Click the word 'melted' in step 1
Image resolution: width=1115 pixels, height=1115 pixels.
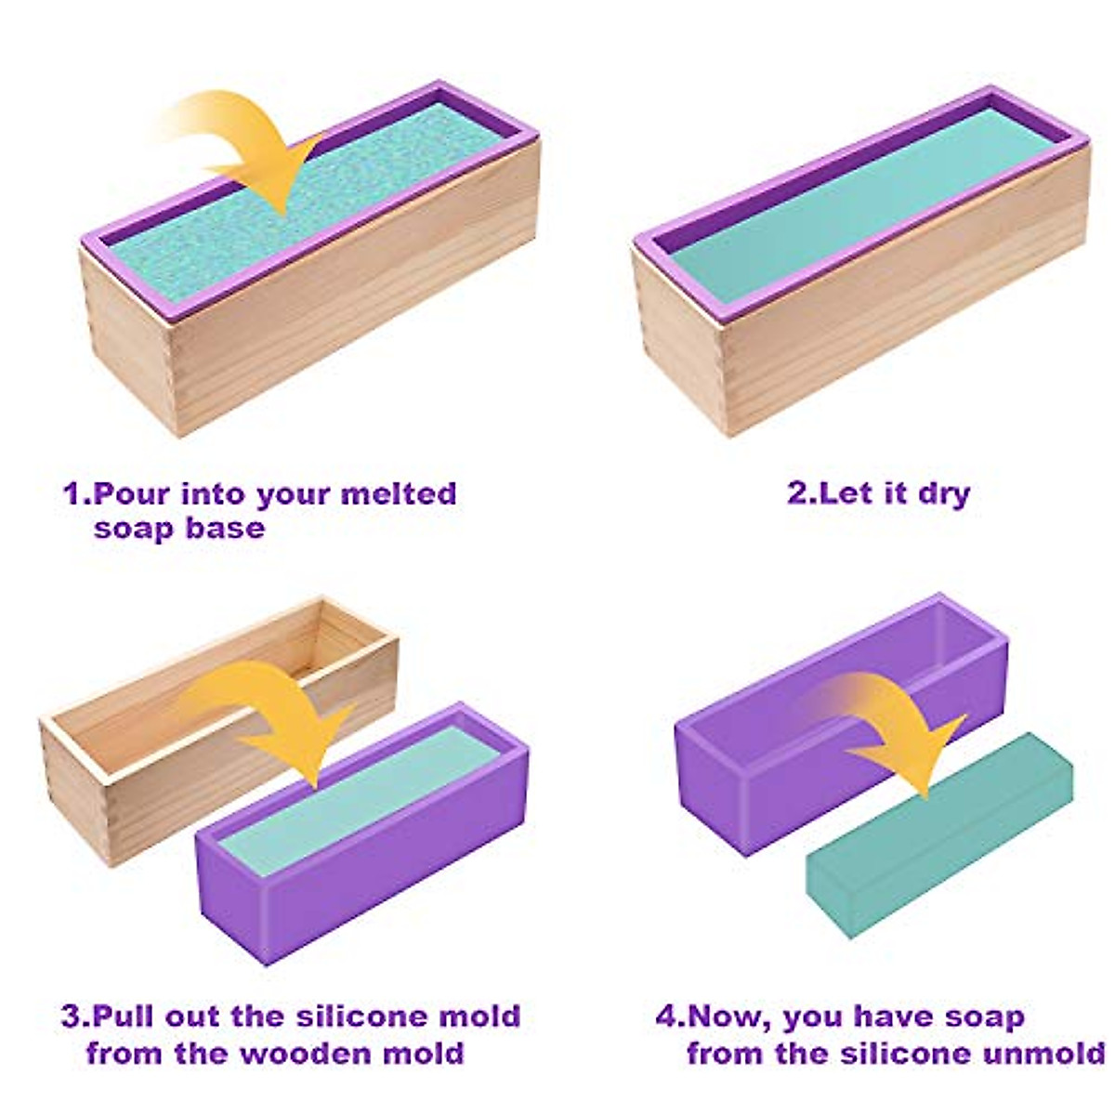point(399,493)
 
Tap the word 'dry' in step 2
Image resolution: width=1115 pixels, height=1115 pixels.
point(943,493)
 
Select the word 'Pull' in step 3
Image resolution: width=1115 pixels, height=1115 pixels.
point(125,1016)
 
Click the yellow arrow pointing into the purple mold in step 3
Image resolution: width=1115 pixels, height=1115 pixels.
point(279,715)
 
